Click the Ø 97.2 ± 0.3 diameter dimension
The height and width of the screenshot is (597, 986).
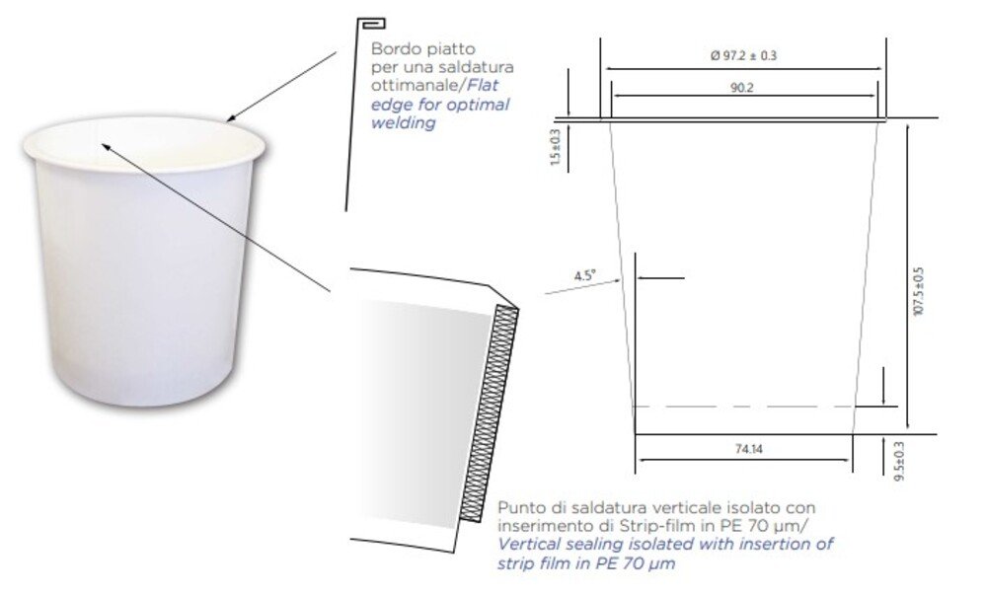743,56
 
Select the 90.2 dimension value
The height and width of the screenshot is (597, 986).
742,88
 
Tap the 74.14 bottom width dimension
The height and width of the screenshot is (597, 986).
748,449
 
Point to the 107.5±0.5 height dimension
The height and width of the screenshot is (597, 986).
919,291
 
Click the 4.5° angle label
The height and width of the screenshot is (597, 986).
585,275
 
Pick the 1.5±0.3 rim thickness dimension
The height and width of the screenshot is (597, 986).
555,148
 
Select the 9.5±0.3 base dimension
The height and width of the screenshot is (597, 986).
899,461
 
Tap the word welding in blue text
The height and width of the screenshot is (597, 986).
403,122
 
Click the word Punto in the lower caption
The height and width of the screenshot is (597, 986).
518,507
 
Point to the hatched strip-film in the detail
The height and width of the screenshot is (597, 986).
490,413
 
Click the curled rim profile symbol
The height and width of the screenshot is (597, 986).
371,24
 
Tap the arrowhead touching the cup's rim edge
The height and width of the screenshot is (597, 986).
231,117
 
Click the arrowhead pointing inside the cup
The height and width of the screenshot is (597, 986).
106,147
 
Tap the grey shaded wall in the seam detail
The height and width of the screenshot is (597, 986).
425,413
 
